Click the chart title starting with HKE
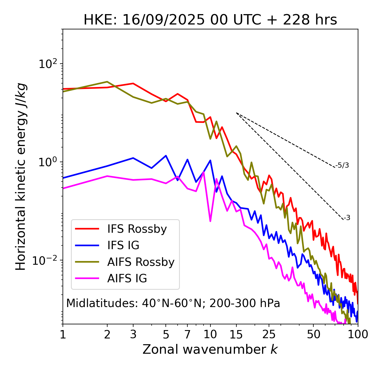point(210,20)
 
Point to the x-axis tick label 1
point(63,334)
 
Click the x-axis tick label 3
point(133,334)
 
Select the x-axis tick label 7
point(187,334)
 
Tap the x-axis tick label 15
point(236,334)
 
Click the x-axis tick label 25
point(269,334)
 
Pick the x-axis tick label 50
point(313,334)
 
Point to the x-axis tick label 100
point(358,334)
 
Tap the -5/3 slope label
point(342,165)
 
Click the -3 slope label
point(347,218)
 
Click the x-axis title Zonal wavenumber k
point(210,349)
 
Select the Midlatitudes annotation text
point(173,303)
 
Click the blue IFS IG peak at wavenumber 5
point(166,156)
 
